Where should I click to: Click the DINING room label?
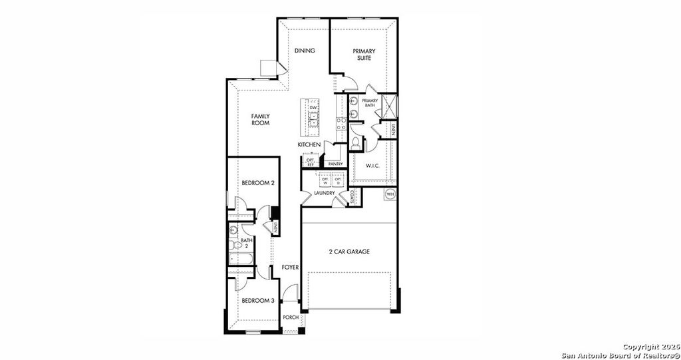tap(305, 51)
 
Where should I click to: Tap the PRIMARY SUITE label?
tap(364, 55)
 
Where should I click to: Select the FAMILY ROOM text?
tap(260, 119)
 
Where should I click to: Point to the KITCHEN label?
tap(309, 144)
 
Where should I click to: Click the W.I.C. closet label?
tap(372, 166)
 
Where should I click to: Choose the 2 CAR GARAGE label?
tap(349, 252)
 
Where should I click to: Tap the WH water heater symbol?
tap(390, 194)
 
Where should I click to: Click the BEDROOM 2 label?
tap(258, 182)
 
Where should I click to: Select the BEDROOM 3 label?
tap(258, 301)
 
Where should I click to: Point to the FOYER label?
tap(290, 267)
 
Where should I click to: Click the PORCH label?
tap(291, 317)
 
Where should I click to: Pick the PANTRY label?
tap(335, 163)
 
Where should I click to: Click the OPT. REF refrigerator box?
tap(311, 162)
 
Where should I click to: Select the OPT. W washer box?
tap(325, 180)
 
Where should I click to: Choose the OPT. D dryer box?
tap(338, 180)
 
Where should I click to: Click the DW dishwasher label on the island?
tap(313, 107)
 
